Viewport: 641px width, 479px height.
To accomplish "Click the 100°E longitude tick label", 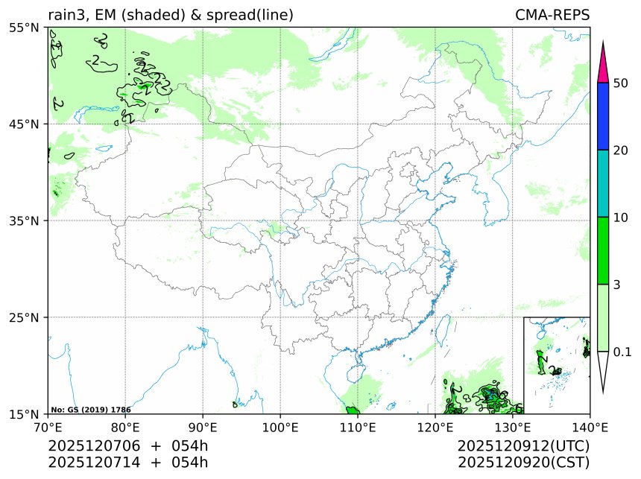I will tap(280, 428).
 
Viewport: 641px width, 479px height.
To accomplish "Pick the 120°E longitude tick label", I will tap(435, 428).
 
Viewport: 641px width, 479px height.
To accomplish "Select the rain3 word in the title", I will tap(66, 15).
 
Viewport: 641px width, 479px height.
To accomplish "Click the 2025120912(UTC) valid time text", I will tap(523, 446).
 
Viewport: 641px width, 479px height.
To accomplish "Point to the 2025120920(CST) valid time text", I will tap(523, 463).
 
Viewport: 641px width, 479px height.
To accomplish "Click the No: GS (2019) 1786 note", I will tap(91, 410).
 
